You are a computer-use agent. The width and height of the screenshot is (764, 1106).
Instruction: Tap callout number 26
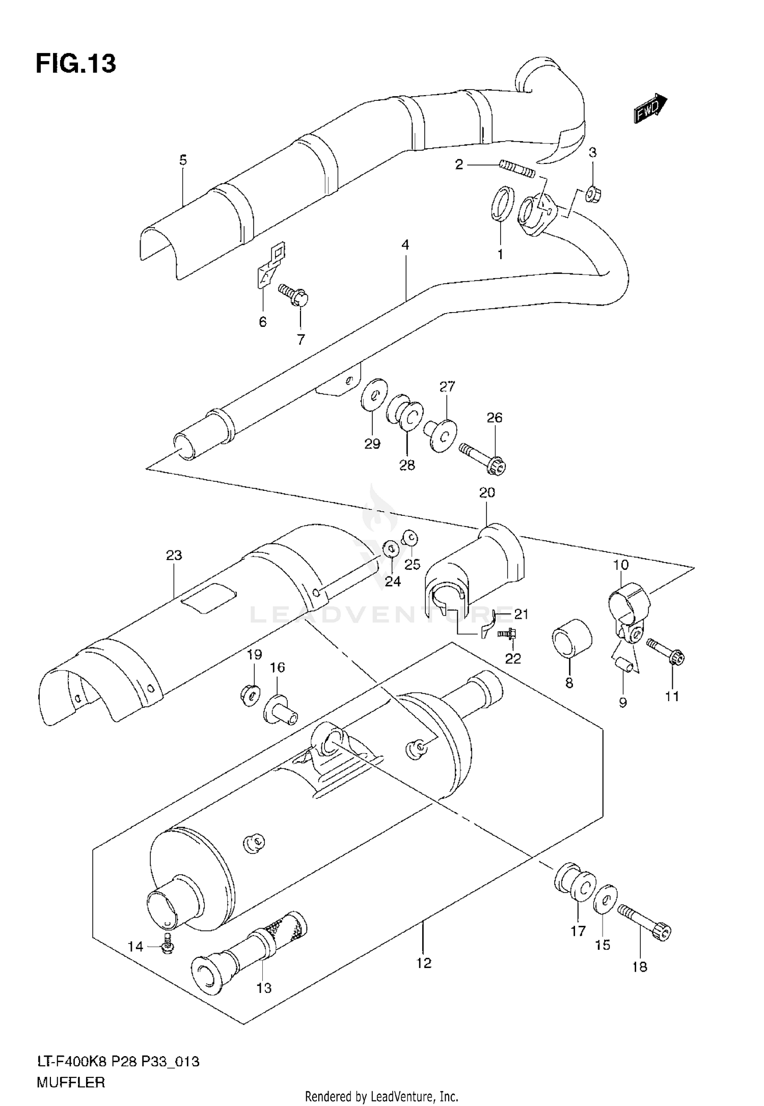pyautogui.click(x=494, y=418)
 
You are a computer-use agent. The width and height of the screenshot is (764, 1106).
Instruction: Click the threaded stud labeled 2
pyautogui.click(x=516, y=169)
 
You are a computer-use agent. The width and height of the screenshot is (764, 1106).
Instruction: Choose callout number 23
pyautogui.click(x=174, y=555)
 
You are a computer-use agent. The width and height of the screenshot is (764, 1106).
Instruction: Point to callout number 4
pyautogui.click(x=405, y=245)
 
